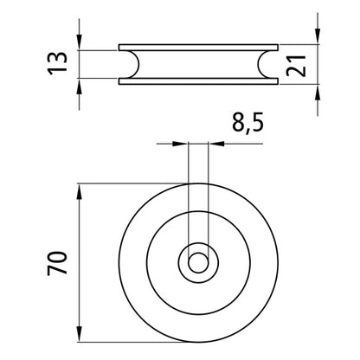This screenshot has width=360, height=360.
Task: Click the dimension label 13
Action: click(x=57, y=63)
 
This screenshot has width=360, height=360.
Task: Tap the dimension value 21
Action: click(x=296, y=66)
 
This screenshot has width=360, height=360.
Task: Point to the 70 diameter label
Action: click(x=57, y=263)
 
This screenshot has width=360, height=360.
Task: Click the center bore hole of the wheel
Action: click(x=198, y=263)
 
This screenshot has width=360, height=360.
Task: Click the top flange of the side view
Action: click(x=198, y=48)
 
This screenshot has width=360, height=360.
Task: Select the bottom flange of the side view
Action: click(x=198, y=81)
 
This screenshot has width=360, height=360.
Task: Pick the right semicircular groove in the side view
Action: click(x=262, y=64)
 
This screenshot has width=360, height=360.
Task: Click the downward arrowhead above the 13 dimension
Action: click(x=80, y=42)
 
